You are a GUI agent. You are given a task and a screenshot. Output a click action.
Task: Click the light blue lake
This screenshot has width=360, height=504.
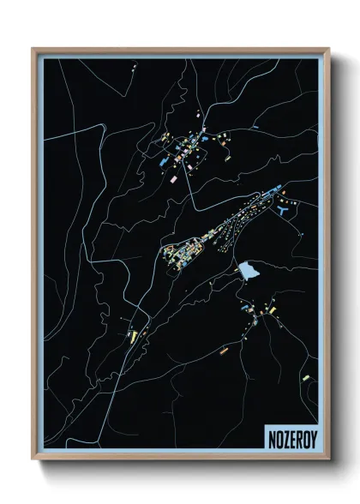[x=250, y=272]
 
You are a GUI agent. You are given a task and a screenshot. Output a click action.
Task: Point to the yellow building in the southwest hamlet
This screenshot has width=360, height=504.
[x=134, y=335]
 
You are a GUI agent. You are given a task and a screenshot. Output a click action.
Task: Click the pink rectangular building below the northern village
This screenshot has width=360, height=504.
[x=170, y=181]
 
